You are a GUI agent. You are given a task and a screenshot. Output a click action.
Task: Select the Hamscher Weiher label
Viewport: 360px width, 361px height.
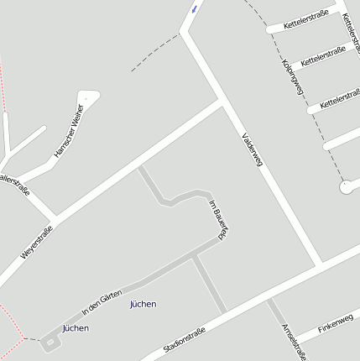69,131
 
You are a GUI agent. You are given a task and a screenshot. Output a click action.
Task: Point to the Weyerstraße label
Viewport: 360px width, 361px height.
36,243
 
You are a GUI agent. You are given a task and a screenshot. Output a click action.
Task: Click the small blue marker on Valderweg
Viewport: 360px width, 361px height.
196,8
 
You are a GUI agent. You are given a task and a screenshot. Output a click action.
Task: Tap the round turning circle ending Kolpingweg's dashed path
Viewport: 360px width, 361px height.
346,187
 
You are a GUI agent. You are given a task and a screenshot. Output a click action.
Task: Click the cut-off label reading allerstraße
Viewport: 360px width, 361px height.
14,185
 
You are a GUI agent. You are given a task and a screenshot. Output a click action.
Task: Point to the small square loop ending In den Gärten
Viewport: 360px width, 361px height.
50,343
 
